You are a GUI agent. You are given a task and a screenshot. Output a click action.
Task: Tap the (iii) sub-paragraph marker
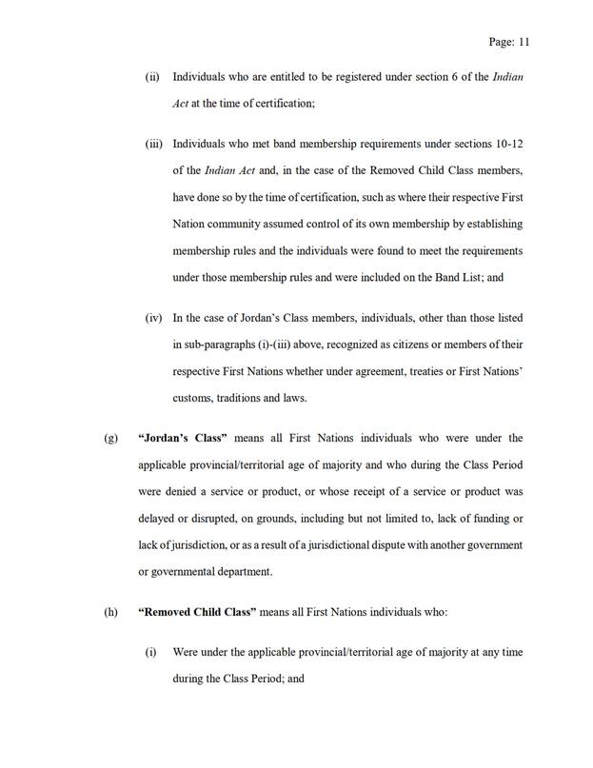[x=154, y=145]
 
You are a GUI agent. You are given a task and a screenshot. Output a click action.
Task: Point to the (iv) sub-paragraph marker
[x=154, y=317]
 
